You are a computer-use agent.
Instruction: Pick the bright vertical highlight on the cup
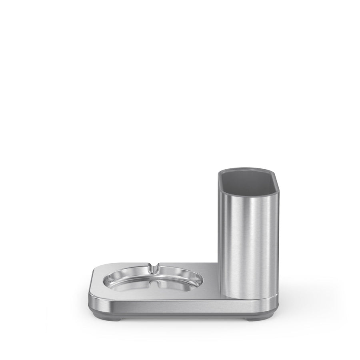point(256,240)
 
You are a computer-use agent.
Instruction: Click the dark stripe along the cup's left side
point(224,240)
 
